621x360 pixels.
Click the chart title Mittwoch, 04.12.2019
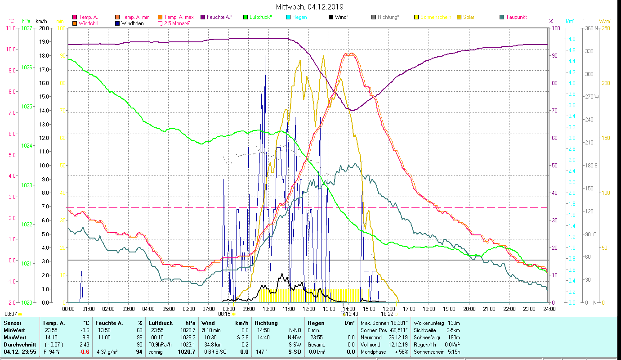point(309,7)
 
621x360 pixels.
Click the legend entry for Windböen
point(132,23)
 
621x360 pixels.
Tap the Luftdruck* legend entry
point(260,17)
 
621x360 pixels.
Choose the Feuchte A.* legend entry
point(219,17)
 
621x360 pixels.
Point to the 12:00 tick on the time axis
point(309,309)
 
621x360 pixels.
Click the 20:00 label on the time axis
point(469,309)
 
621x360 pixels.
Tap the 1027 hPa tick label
point(27,28)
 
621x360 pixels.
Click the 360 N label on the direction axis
point(590,28)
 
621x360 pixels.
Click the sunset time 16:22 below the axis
point(387,314)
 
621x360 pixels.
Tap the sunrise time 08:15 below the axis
point(224,314)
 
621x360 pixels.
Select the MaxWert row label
point(15,337)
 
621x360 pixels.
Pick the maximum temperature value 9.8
point(86,337)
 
